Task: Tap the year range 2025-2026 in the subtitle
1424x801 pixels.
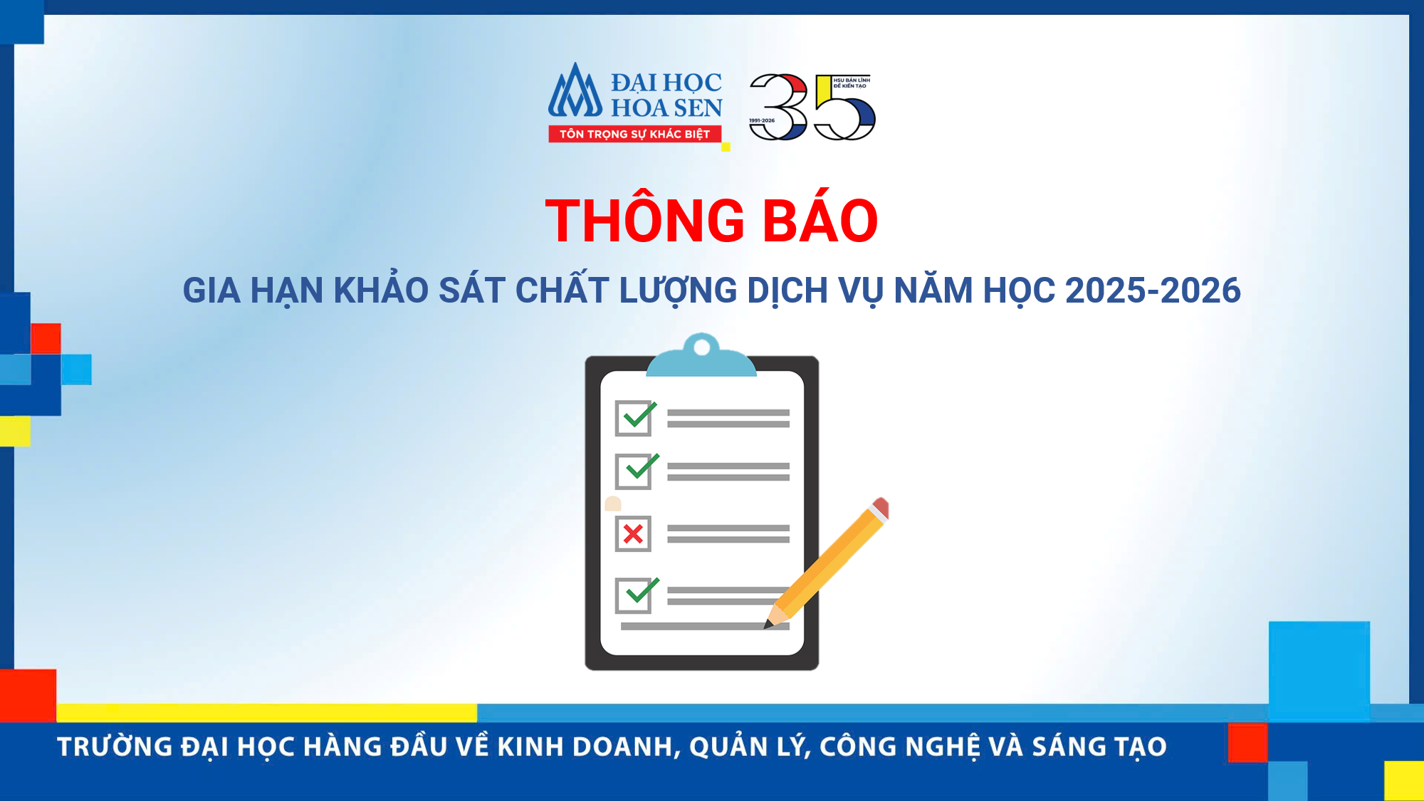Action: [1153, 290]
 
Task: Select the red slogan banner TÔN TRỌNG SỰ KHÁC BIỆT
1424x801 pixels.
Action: [634, 134]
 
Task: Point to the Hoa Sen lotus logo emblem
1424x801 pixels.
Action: [575, 90]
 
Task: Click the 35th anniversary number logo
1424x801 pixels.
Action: [812, 107]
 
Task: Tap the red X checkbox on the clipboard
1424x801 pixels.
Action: [633, 533]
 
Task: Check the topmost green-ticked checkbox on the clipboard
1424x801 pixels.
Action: [635, 417]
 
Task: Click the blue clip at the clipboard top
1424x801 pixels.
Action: [701, 355]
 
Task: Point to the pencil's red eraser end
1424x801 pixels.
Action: [881, 508]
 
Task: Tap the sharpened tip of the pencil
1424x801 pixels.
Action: [767, 626]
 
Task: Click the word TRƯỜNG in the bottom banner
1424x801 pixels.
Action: [115, 747]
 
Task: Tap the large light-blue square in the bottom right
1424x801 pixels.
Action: [1319, 671]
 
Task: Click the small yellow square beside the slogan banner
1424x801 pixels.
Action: [726, 147]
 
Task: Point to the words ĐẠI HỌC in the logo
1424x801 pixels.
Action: [666, 83]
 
